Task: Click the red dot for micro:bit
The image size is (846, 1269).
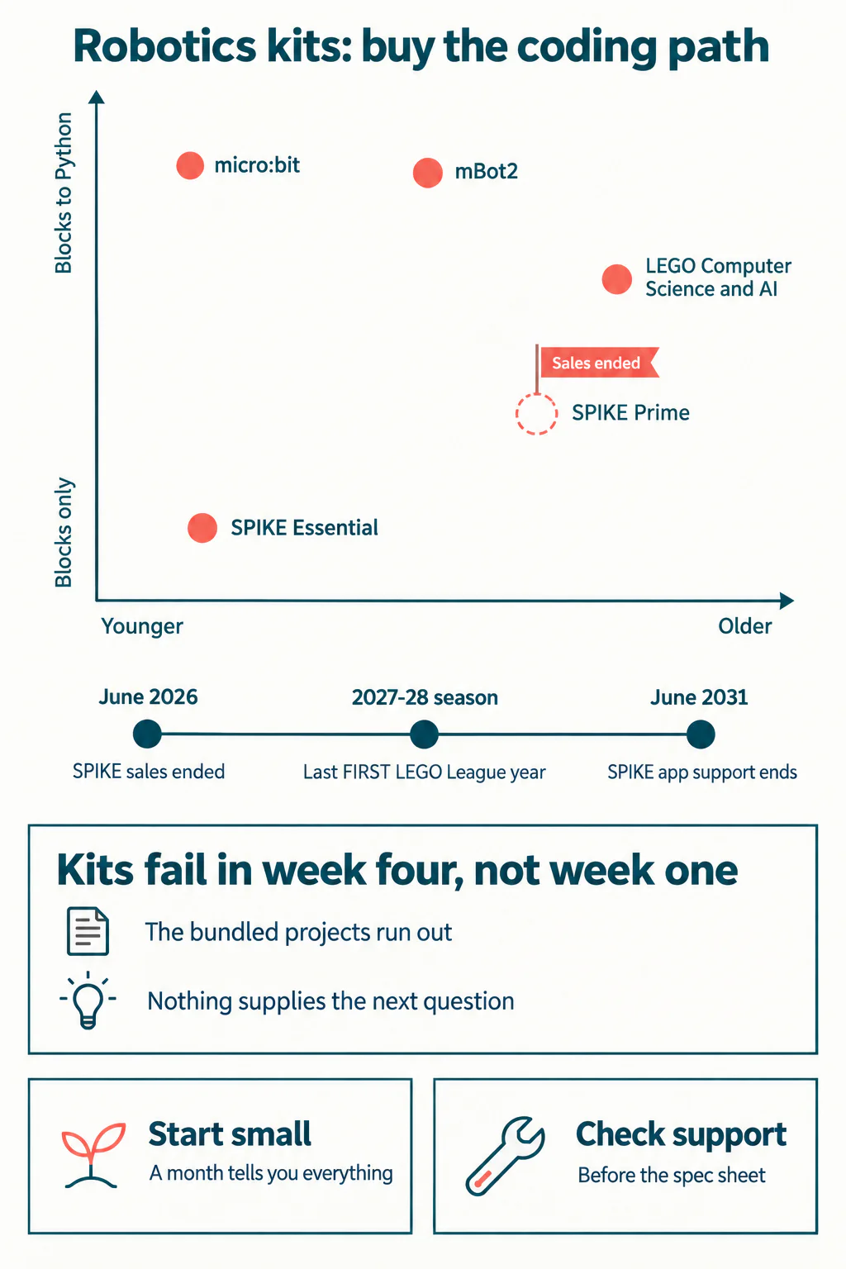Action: (190, 165)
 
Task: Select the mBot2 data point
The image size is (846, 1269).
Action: (428, 172)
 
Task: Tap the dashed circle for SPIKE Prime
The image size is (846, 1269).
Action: (536, 414)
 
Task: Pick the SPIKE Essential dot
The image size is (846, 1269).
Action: (202, 528)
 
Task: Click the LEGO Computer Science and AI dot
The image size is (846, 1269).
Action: (616, 279)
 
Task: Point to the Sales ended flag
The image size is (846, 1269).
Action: (599, 363)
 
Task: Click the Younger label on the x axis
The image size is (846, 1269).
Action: (142, 626)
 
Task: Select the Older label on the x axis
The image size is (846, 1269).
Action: (744, 626)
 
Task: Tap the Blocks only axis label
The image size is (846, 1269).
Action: (64, 532)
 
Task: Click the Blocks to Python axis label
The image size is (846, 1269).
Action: (64, 192)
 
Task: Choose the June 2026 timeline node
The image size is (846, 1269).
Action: (147, 734)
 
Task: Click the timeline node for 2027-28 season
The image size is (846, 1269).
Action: (425, 734)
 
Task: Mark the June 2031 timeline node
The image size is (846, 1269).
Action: (701, 734)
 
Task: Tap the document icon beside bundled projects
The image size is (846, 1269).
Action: (88, 931)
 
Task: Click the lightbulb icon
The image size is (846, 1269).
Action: (88, 1000)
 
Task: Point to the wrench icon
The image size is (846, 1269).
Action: (505, 1156)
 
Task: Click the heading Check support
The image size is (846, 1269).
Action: (681, 1134)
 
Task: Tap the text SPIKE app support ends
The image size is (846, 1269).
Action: (702, 772)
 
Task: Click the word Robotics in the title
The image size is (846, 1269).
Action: (165, 46)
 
